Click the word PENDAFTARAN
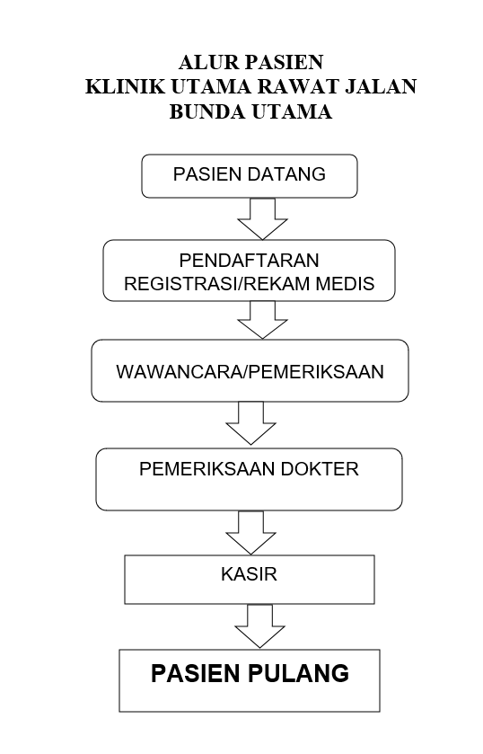(249, 260)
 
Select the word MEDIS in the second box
(345, 283)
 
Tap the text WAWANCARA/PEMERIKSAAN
(250, 372)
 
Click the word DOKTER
(320, 469)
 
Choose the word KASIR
(249, 574)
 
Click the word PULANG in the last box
(299, 673)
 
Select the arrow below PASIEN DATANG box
(262, 218)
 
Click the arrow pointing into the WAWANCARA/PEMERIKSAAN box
(262, 320)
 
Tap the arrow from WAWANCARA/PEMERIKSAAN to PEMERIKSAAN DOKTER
(250, 423)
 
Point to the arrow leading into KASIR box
(250, 532)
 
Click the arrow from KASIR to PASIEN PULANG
(260, 626)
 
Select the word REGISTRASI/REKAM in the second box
(216, 283)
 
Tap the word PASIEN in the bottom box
(197, 673)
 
